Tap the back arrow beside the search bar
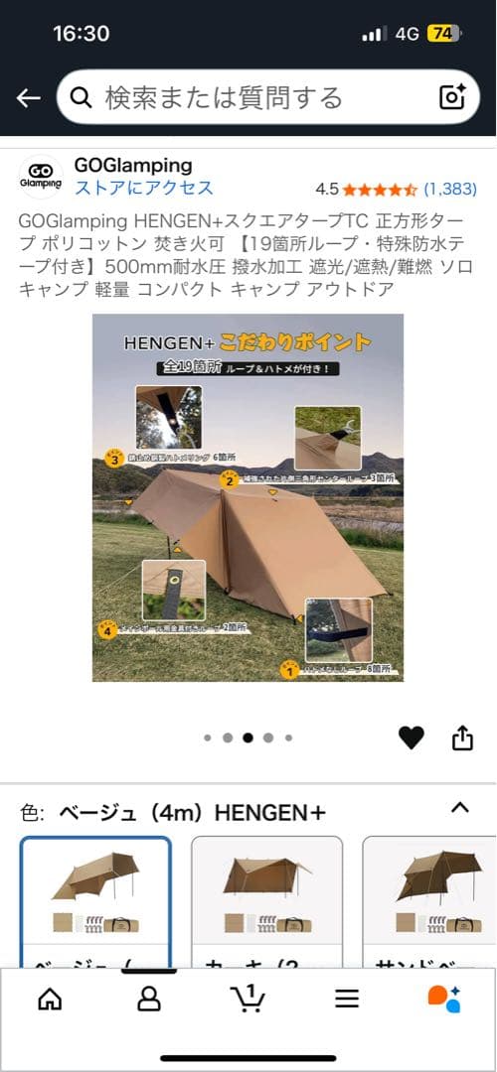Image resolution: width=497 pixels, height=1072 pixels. point(28,97)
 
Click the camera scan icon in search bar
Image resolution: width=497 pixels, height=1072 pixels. point(452,96)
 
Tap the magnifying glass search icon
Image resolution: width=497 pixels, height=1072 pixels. point(85,97)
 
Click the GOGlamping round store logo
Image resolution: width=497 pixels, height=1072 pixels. point(41,178)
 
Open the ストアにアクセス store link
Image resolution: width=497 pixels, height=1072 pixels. point(143,188)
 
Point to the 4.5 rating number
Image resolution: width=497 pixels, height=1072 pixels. point(327,189)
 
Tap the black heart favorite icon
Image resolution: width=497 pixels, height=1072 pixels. point(411,737)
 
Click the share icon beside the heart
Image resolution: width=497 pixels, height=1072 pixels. point(462,737)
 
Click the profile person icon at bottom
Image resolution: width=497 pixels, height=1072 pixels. point(148,998)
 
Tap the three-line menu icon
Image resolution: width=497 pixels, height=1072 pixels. point(346,998)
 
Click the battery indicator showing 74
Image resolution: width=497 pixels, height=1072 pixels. point(442,33)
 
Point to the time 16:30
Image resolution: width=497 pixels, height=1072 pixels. point(81,33)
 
